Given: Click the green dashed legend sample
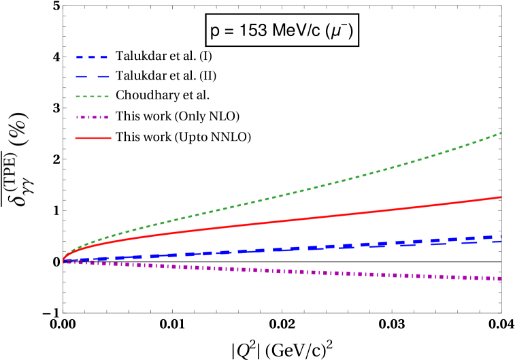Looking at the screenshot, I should [x=93, y=97].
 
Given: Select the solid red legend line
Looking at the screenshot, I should [x=93, y=138].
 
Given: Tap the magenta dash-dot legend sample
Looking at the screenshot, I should [x=93, y=118].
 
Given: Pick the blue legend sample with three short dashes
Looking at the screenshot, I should [x=92, y=57].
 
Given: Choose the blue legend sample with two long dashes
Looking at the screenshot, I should [x=93, y=76].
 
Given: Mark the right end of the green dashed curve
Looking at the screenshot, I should [x=501, y=133].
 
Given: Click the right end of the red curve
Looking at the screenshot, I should [x=501, y=197].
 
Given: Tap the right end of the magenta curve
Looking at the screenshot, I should [x=501, y=278].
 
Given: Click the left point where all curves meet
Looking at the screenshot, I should [x=64, y=261].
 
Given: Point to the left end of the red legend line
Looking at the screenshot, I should [x=76, y=138].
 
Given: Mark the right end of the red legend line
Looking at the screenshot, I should [x=110, y=138].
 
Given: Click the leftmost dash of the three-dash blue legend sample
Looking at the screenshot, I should [x=80, y=57].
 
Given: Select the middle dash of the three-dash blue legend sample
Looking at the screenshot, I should [x=92, y=57].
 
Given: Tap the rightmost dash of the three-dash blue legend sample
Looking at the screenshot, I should [x=103, y=57].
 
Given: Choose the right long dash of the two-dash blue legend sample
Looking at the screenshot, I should [x=103, y=76].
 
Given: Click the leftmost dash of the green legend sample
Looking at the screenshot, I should [x=78, y=97].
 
